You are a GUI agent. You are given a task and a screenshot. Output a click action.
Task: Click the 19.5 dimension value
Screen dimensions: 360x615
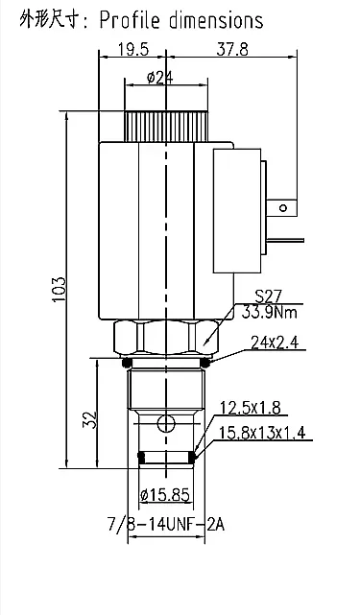pos(133,50)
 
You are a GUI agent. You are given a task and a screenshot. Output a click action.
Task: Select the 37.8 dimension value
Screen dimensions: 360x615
pos(232,50)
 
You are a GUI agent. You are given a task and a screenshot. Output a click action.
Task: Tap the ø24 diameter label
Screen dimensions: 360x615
pos(160,78)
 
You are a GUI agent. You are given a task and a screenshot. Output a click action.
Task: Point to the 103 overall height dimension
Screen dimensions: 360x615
pos(60,290)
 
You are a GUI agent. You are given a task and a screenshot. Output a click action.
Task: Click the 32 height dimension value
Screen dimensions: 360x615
pos(89,419)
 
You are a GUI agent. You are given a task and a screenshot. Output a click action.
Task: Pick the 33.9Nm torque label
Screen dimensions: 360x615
pos(270,312)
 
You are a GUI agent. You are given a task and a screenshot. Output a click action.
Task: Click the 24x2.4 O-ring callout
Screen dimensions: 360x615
pos(275,343)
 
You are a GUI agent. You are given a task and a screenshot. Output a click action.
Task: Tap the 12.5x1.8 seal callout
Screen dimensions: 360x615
pos(250,408)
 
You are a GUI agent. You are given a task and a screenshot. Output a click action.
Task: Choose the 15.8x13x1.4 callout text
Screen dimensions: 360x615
pos(262,433)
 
